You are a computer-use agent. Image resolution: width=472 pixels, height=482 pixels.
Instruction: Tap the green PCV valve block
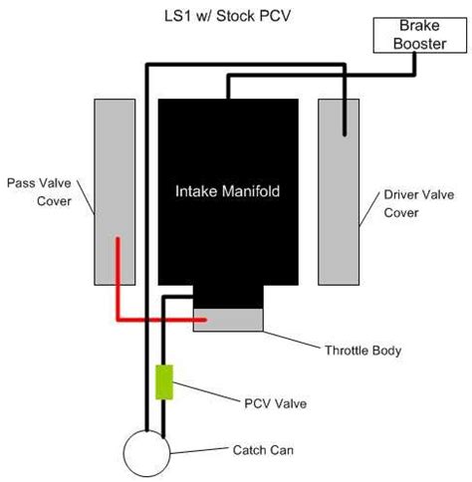click(164, 381)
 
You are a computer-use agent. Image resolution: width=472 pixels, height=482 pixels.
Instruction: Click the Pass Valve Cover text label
click(40, 190)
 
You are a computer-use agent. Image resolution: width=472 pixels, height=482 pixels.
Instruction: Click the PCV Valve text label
click(275, 403)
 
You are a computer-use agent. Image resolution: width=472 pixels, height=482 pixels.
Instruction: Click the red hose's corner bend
click(118, 321)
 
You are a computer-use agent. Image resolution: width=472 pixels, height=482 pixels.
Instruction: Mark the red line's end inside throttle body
click(205, 321)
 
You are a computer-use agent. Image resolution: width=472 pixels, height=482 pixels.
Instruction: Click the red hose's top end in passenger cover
click(118, 239)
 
